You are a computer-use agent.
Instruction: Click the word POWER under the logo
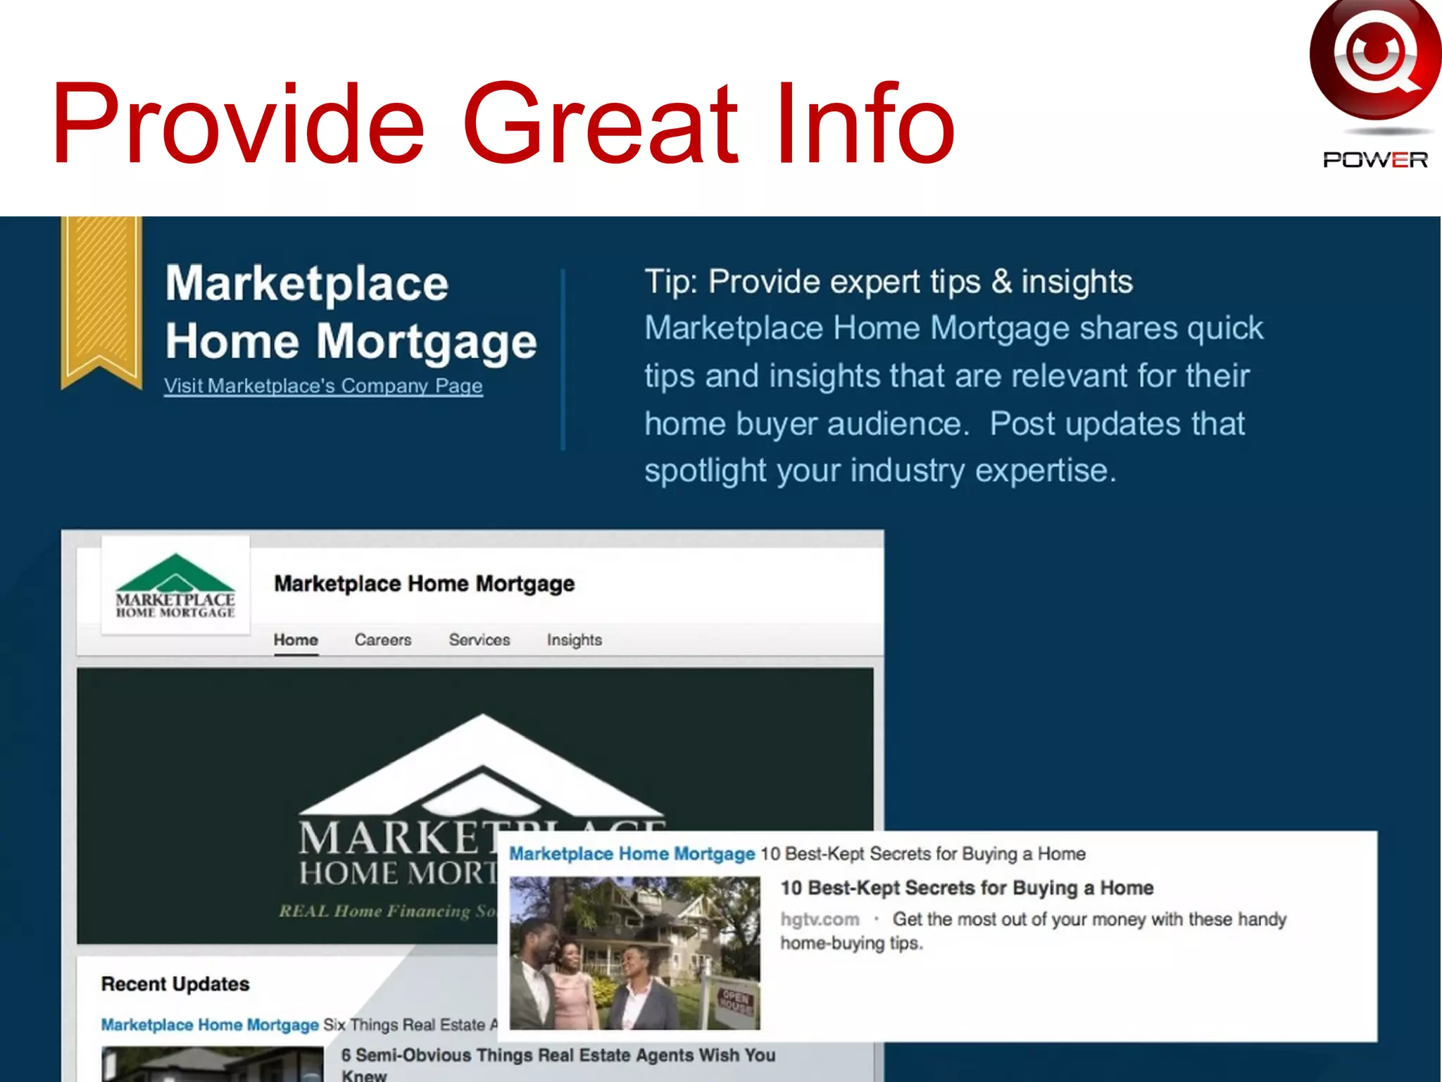[1375, 160]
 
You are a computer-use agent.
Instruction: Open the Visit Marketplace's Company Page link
[323, 386]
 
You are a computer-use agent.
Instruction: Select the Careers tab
[383, 640]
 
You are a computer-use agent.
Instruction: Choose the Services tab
[479, 640]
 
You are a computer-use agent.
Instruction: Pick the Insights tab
[575, 640]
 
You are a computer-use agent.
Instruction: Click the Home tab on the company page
[296, 640]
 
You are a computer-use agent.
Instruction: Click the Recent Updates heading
[175, 984]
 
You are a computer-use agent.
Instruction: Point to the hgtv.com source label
[820, 919]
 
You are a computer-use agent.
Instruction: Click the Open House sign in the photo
[735, 1001]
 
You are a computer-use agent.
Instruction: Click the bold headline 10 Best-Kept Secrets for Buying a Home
[967, 888]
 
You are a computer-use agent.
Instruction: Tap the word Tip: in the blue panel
[670, 282]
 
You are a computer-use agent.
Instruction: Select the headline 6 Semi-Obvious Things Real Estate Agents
[558, 1055]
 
